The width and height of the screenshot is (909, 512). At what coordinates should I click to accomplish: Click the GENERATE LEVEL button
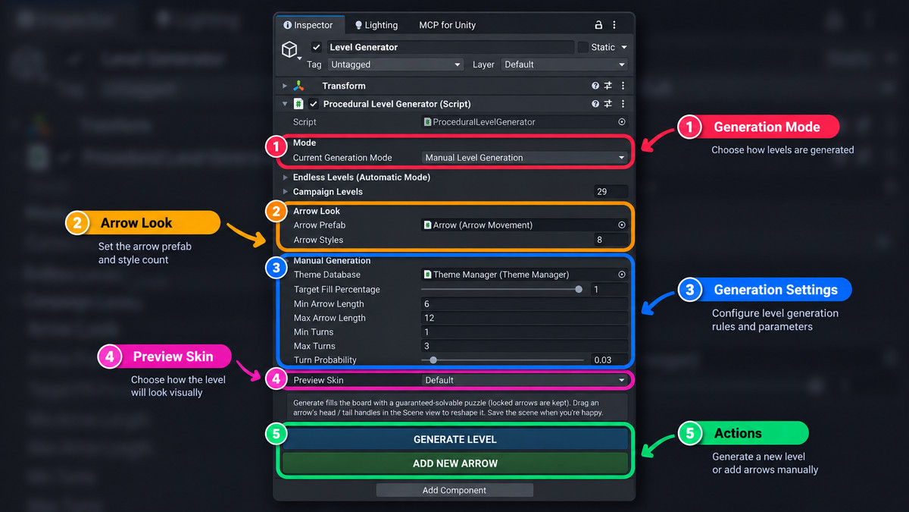(x=455, y=439)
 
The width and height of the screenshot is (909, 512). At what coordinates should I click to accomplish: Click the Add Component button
(x=454, y=490)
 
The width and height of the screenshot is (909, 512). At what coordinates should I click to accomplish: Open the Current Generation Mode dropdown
(x=524, y=158)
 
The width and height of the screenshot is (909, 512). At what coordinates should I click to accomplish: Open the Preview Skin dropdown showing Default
(x=524, y=380)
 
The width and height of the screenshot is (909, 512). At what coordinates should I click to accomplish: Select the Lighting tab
(x=376, y=25)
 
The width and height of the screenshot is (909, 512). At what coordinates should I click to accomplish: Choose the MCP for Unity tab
(x=447, y=25)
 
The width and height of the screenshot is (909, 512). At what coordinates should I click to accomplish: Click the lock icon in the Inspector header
(x=598, y=25)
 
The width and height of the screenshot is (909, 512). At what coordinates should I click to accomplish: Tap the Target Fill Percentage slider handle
(x=579, y=289)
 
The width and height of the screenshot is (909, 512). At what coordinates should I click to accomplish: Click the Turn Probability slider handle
(x=433, y=360)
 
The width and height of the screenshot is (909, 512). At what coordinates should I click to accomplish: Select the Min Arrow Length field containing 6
(x=524, y=304)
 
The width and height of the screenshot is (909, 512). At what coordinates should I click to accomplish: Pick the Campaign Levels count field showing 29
(x=611, y=191)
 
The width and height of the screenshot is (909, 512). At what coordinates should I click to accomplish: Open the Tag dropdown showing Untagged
(x=395, y=64)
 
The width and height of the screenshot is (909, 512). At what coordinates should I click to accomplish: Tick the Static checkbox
(x=583, y=47)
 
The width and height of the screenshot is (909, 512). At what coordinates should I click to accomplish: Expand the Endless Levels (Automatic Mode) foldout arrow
(x=286, y=177)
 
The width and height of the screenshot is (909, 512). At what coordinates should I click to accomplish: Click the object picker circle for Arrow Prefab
(x=621, y=225)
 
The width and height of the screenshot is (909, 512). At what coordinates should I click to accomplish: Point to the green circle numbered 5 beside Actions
(x=690, y=433)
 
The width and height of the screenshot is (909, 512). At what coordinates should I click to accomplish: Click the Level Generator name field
(x=451, y=47)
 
